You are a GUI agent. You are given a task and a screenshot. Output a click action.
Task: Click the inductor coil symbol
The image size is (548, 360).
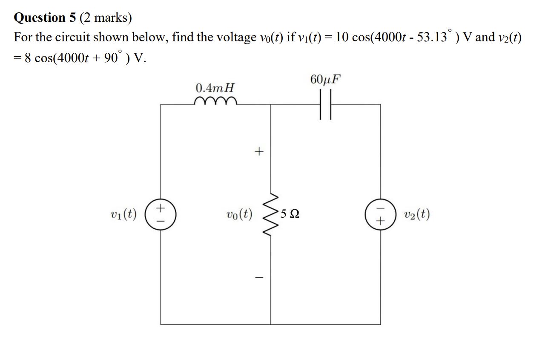point(215,101)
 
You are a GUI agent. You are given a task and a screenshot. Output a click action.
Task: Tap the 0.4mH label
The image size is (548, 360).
point(215,88)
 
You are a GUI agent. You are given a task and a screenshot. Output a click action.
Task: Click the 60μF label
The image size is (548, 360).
point(326,80)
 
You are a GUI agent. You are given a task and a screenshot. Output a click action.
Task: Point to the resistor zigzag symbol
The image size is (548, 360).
point(271,214)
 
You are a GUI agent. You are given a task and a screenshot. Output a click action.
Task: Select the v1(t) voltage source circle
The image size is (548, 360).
point(161,214)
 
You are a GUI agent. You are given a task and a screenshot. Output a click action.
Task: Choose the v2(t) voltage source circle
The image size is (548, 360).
point(381,214)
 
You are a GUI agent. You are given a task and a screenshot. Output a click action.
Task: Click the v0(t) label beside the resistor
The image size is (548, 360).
point(239,214)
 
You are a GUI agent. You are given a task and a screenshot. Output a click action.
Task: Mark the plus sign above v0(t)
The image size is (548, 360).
point(259,151)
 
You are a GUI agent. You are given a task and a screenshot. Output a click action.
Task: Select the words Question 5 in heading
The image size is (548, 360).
point(45,17)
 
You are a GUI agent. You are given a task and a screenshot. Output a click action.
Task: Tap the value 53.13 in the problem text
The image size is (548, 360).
point(419,37)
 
